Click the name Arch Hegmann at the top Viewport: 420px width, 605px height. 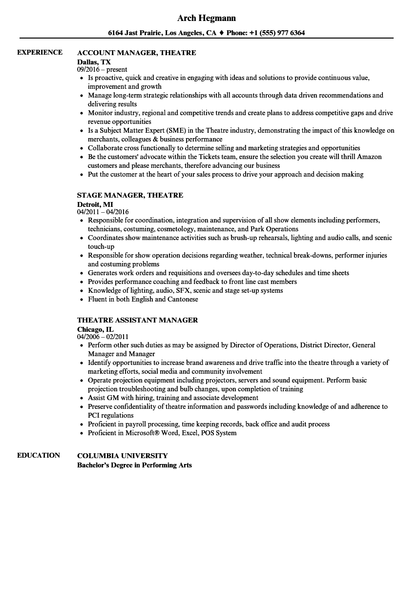(206, 18)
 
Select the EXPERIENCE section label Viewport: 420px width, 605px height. (40, 52)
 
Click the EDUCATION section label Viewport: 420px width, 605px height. (39, 455)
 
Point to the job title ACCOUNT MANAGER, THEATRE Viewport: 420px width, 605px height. (136, 53)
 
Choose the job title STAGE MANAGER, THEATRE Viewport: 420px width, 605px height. (130, 195)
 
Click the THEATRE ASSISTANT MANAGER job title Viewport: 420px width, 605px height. (137, 320)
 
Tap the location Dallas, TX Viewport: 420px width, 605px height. (94, 62)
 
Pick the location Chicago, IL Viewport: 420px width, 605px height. (95, 329)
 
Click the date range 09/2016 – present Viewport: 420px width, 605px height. (102, 70)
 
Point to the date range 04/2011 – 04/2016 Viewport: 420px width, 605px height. (103, 212)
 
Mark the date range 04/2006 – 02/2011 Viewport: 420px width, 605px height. (103, 337)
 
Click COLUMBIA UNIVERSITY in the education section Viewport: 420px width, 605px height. (122, 456)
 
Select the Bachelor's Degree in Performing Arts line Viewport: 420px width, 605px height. (134, 465)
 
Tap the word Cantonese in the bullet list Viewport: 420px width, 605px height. (183, 299)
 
